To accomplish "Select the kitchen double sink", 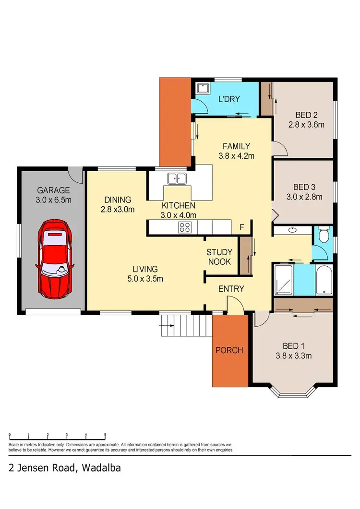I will coord(177,179).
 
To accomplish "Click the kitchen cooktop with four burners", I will coord(185,227).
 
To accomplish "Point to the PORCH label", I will coord(229,350).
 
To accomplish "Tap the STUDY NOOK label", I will coord(219,257).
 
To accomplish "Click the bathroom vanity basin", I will coord(292,231).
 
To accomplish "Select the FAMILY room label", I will coord(236,146).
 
